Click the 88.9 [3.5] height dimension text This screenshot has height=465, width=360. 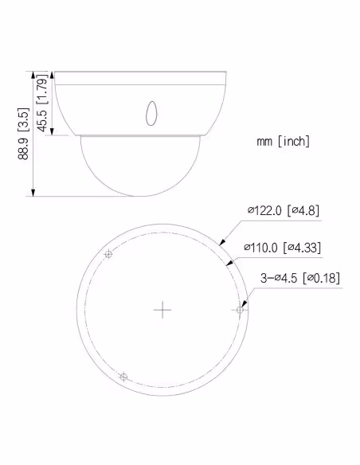[23, 134]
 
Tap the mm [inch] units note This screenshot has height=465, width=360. [284, 141]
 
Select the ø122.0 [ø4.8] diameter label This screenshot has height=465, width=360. [284, 210]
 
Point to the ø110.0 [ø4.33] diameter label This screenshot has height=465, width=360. [282, 248]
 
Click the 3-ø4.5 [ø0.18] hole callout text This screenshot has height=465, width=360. [300, 278]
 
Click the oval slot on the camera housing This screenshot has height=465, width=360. [151, 113]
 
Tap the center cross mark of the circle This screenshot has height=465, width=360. [162, 310]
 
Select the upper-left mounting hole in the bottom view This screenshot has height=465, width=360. [108, 254]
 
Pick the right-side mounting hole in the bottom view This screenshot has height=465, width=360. [240, 310]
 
